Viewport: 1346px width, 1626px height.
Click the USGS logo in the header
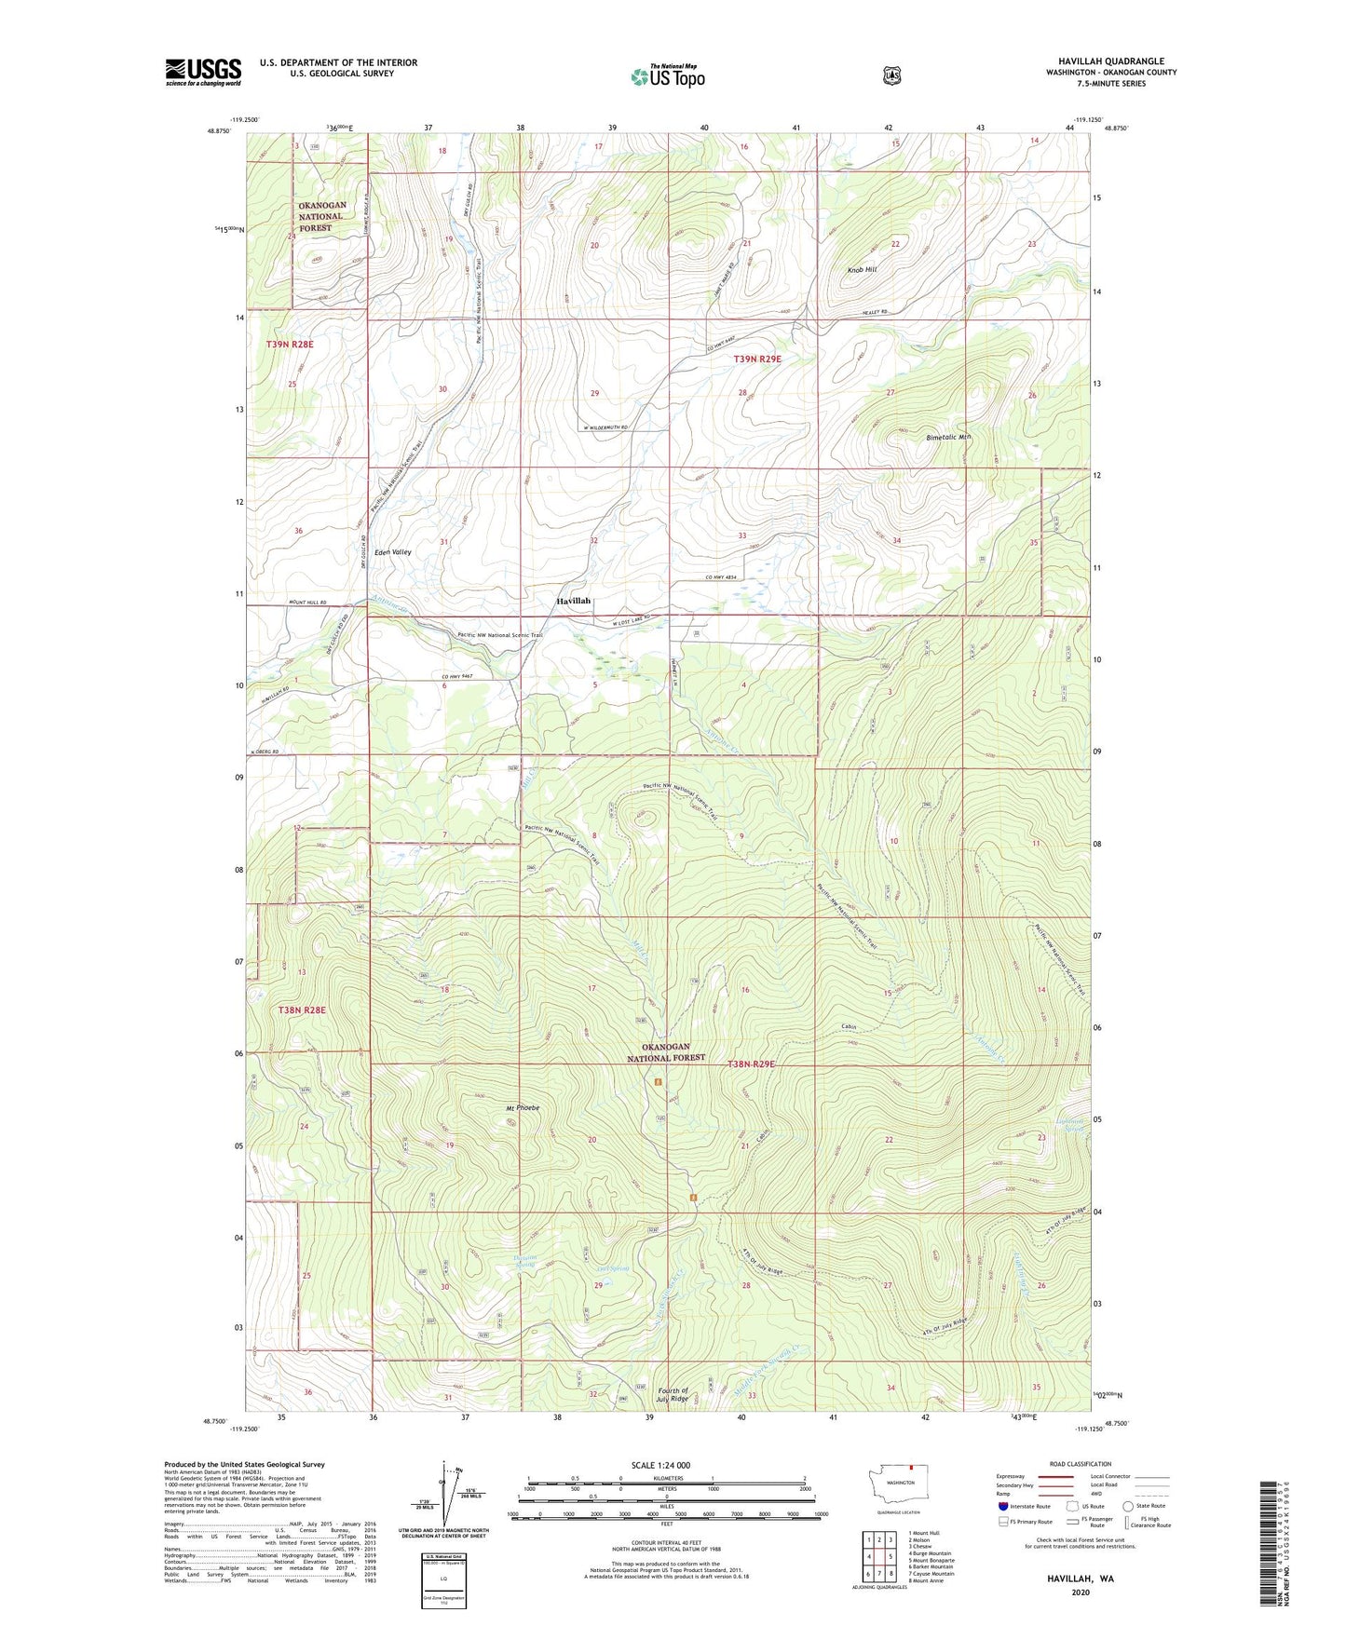(203, 72)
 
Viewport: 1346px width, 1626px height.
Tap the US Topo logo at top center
(667, 76)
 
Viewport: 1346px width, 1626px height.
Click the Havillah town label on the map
(573, 601)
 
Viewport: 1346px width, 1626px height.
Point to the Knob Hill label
(862, 269)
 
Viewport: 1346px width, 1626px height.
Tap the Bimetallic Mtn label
(948, 437)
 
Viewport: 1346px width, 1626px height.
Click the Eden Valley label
(392, 552)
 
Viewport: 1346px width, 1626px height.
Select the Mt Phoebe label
(523, 1108)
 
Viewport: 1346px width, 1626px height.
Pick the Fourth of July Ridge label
(673, 1394)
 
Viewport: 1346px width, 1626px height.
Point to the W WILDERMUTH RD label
(600, 427)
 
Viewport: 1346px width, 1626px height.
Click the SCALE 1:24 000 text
(660, 1465)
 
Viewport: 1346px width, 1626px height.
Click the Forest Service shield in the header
(891, 76)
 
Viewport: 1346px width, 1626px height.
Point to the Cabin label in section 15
(848, 1026)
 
